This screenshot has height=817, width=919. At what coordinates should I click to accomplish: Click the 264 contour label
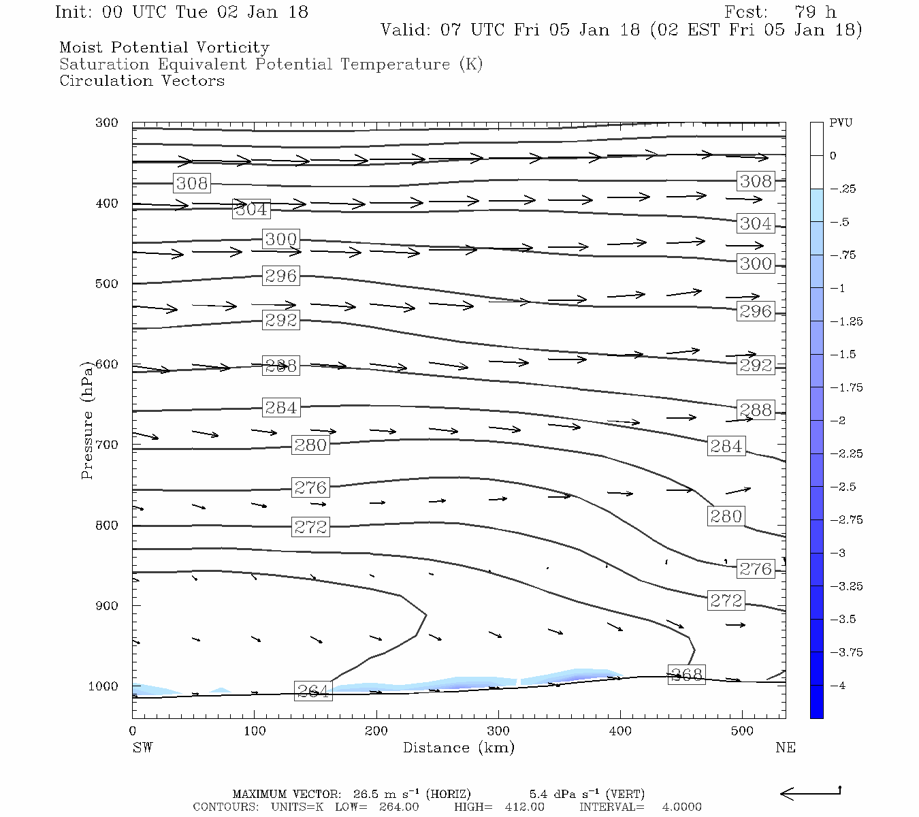[x=312, y=691]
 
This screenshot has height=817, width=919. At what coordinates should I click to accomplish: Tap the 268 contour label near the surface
[x=686, y=675]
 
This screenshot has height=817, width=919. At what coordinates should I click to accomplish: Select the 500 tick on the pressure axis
[x=107, y=284]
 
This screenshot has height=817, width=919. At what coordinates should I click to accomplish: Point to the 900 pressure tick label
[x=107, y=606]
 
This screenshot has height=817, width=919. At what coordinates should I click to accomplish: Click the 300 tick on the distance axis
[x=498, y=731]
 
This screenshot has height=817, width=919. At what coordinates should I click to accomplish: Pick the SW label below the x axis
[x=142, y=748]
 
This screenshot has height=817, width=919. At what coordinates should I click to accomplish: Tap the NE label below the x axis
[x=785, y=748]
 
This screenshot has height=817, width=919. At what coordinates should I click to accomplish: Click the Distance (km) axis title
[x=458, y=748]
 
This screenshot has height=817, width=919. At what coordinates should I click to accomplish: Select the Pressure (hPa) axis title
[x=87, y=420]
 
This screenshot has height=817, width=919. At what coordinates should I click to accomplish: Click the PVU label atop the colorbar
[x=841, y=123]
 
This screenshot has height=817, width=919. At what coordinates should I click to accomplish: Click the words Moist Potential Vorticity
[x=164, y=48]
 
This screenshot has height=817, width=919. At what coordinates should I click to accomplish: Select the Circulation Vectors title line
[x=142, y=81]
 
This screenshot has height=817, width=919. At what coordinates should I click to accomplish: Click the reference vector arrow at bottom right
[x=810, y=792]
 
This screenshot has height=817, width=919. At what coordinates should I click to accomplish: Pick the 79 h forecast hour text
[x=815, y=12]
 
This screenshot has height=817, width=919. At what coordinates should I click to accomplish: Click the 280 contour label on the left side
[x=310, y=445]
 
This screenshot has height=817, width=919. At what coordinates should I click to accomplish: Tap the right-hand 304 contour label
[x=756, y=223]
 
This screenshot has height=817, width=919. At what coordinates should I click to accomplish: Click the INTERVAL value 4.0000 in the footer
[x=681, y=807]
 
